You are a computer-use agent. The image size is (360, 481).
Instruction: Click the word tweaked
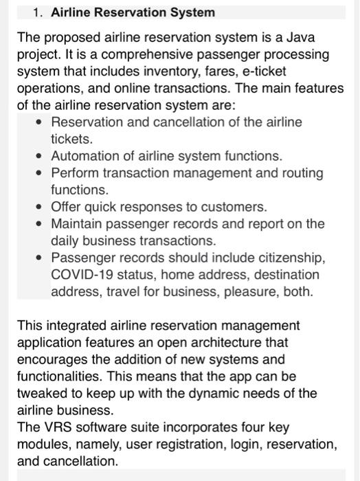pyautogui.click(x=42, y=394)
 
